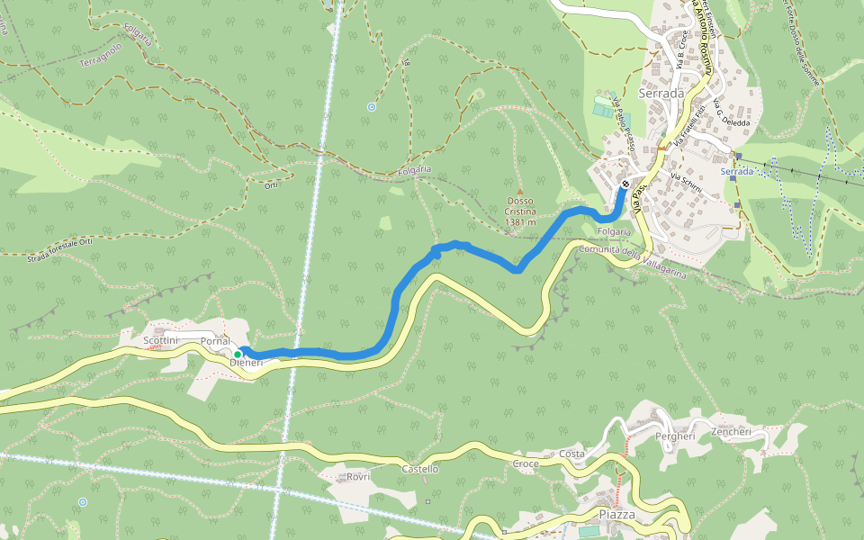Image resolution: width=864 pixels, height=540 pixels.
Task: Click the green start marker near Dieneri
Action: pos(238,355)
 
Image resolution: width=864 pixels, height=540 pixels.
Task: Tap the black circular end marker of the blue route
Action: pos(625,184)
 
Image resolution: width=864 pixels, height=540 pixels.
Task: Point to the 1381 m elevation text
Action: pos(520,221)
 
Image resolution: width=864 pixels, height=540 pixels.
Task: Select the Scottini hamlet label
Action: pos(162,341)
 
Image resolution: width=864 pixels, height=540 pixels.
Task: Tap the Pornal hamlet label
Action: pos(215,342)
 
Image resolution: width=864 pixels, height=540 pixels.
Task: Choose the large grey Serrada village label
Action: pos(661,93)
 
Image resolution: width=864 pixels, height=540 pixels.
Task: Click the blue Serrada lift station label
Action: pos(736,171)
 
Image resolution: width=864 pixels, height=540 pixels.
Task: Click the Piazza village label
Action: pos(616,514)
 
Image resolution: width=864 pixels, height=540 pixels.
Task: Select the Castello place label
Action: pos(419,469)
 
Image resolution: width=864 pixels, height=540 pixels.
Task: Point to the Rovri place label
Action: pos(358,476)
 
